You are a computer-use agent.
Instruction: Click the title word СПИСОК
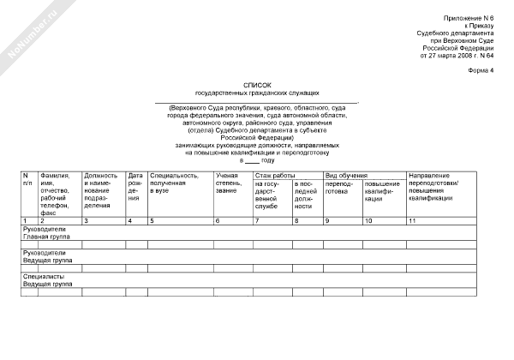point(257,84)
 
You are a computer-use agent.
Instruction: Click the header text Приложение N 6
point(470,18)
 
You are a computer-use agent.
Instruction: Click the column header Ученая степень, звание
point(228,183)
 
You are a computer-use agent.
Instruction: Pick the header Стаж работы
point(271,176)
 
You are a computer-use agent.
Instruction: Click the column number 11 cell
point(413,222)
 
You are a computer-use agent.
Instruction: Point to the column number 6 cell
point(218,222)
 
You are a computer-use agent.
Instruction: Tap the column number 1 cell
point(26,222)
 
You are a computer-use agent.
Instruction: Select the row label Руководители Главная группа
point(47,233)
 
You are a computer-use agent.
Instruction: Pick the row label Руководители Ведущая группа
point(47,256)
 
